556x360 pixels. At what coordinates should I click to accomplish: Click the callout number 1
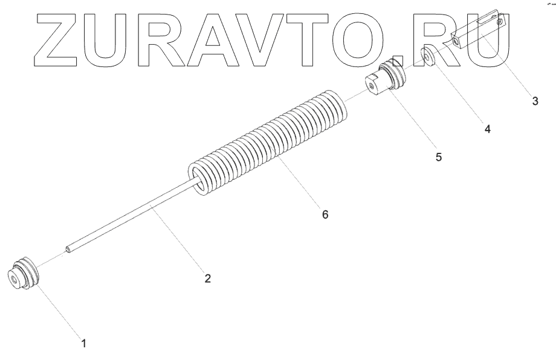pyautogui.click(x=84, y=343)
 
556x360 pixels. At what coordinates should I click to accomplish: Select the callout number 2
pyautogui.click(x=207, y=278)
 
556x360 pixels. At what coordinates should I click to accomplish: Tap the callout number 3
pyautogui.click(x=535, y=101)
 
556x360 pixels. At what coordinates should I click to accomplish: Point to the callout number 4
pyautogui.click(x=487, y=129)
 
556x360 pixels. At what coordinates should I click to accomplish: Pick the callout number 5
pyautogui.click(x=439, y=156)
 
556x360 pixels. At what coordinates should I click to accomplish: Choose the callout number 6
pyautogui.click(x=325, y=214)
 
